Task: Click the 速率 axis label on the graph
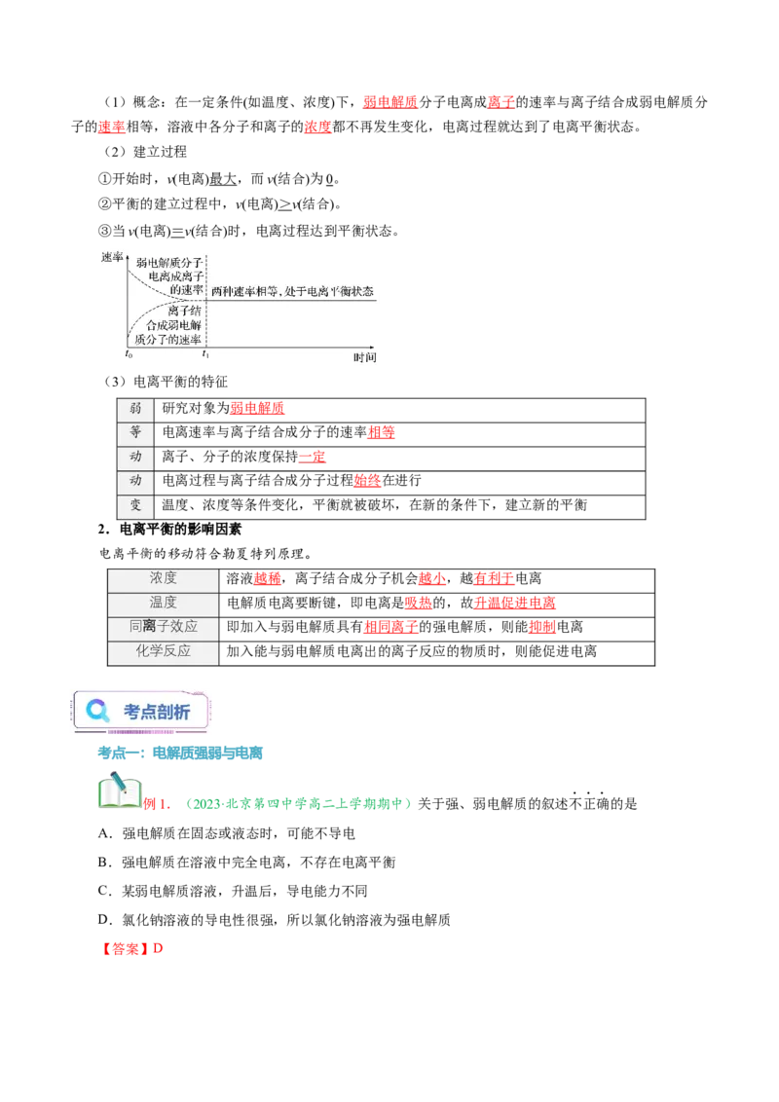click(x=112, y=257)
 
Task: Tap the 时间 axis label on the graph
click(x=365, y=357)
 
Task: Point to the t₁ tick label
click(x=205, y=354)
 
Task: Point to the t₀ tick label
click(x=129, y=354)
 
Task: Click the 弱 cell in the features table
click(x=135, y=408)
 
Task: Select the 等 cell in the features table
click(x=135, y=432)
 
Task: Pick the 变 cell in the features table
click(x=135, y=505)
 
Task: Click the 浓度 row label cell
click(x=164, y=578)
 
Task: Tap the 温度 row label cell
click(x=164, y=603)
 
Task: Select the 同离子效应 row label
click(x=164, y=626)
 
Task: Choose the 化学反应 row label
click(x=164, y=651)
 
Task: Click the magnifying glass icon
click(x=97, y=711)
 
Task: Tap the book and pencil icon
click(x=120, y=790)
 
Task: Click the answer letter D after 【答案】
click(x=158, y=948)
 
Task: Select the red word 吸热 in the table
click(x=419, y=603)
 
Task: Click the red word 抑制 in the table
click(x=542, y=627)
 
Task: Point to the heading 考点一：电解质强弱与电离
click(x=180, y=753)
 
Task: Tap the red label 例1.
click(x=157, y=804)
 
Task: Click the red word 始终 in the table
click(x=367, y=481)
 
